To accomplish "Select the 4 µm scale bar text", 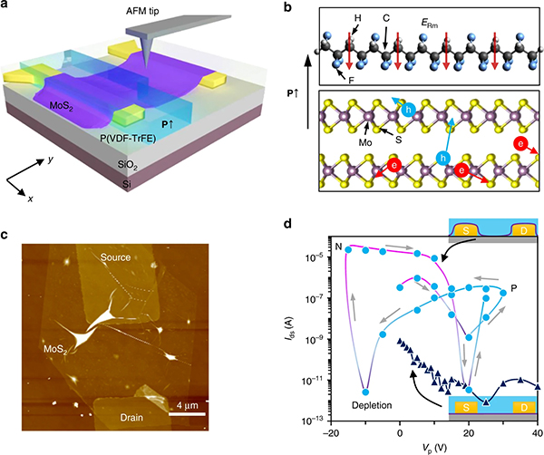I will click(x=215, y=402).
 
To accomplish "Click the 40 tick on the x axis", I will click(x=539, y=433).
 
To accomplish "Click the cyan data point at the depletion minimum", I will click(x=365, y=392).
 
